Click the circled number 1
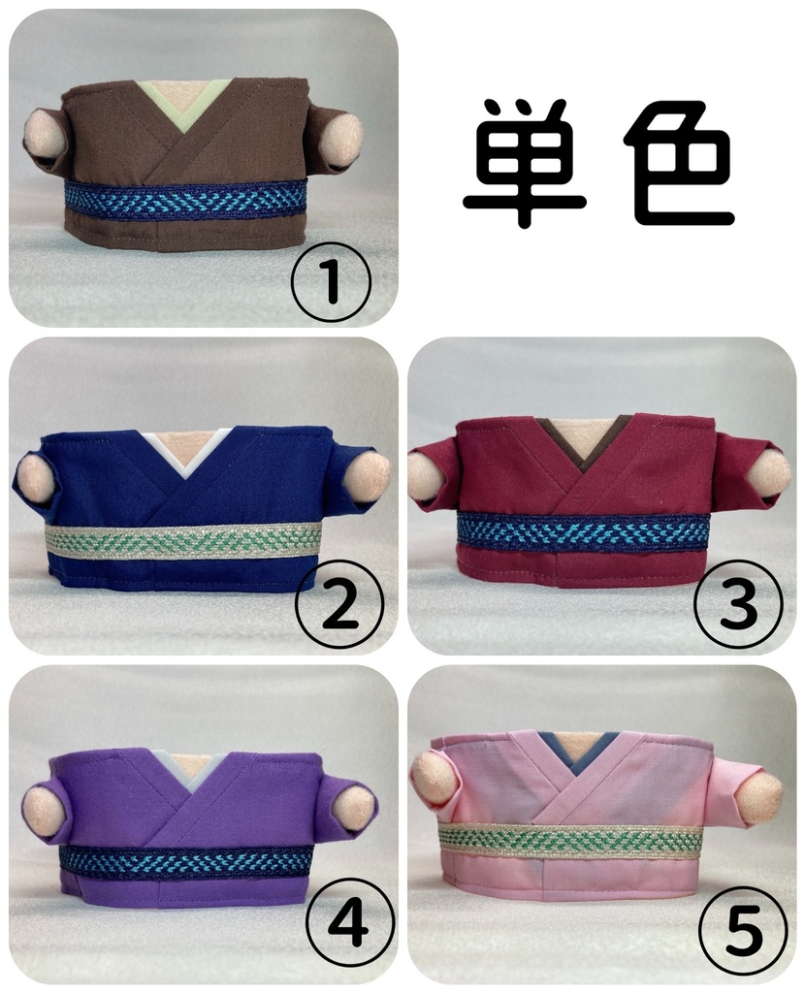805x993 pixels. click(x=331, y=281)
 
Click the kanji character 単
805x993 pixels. click(x=524, y=163)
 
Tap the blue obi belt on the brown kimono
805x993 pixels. click(x=184, y=199)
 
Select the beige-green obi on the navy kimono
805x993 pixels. click(x=184, y=540)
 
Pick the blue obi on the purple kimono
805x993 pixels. click(x=184, y=860)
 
